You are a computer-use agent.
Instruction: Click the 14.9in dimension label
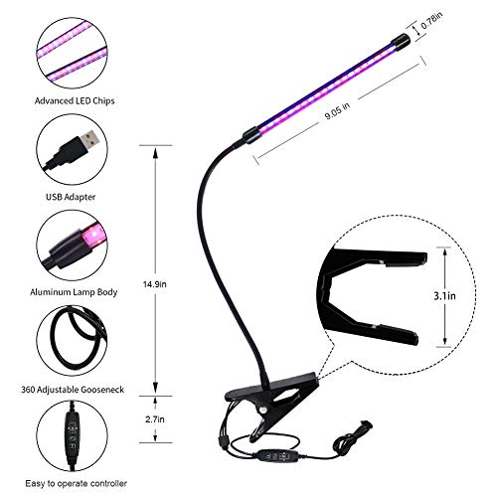155,284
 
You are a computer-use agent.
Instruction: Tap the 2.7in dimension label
155,419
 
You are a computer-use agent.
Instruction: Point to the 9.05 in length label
337,111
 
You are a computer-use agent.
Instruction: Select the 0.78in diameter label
431,21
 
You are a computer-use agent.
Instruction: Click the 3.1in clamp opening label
444,296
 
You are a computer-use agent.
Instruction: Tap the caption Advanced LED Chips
75,100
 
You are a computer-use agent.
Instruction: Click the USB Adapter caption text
71,197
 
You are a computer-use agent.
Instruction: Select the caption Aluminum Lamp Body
74,292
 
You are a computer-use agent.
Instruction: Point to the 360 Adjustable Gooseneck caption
73,390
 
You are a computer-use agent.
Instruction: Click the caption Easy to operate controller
76,484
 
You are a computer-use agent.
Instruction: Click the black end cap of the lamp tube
401,41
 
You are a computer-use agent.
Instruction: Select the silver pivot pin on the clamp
263,410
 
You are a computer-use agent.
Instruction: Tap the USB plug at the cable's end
366,424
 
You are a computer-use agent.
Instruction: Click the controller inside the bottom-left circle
72,434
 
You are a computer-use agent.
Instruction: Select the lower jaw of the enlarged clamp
371,326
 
